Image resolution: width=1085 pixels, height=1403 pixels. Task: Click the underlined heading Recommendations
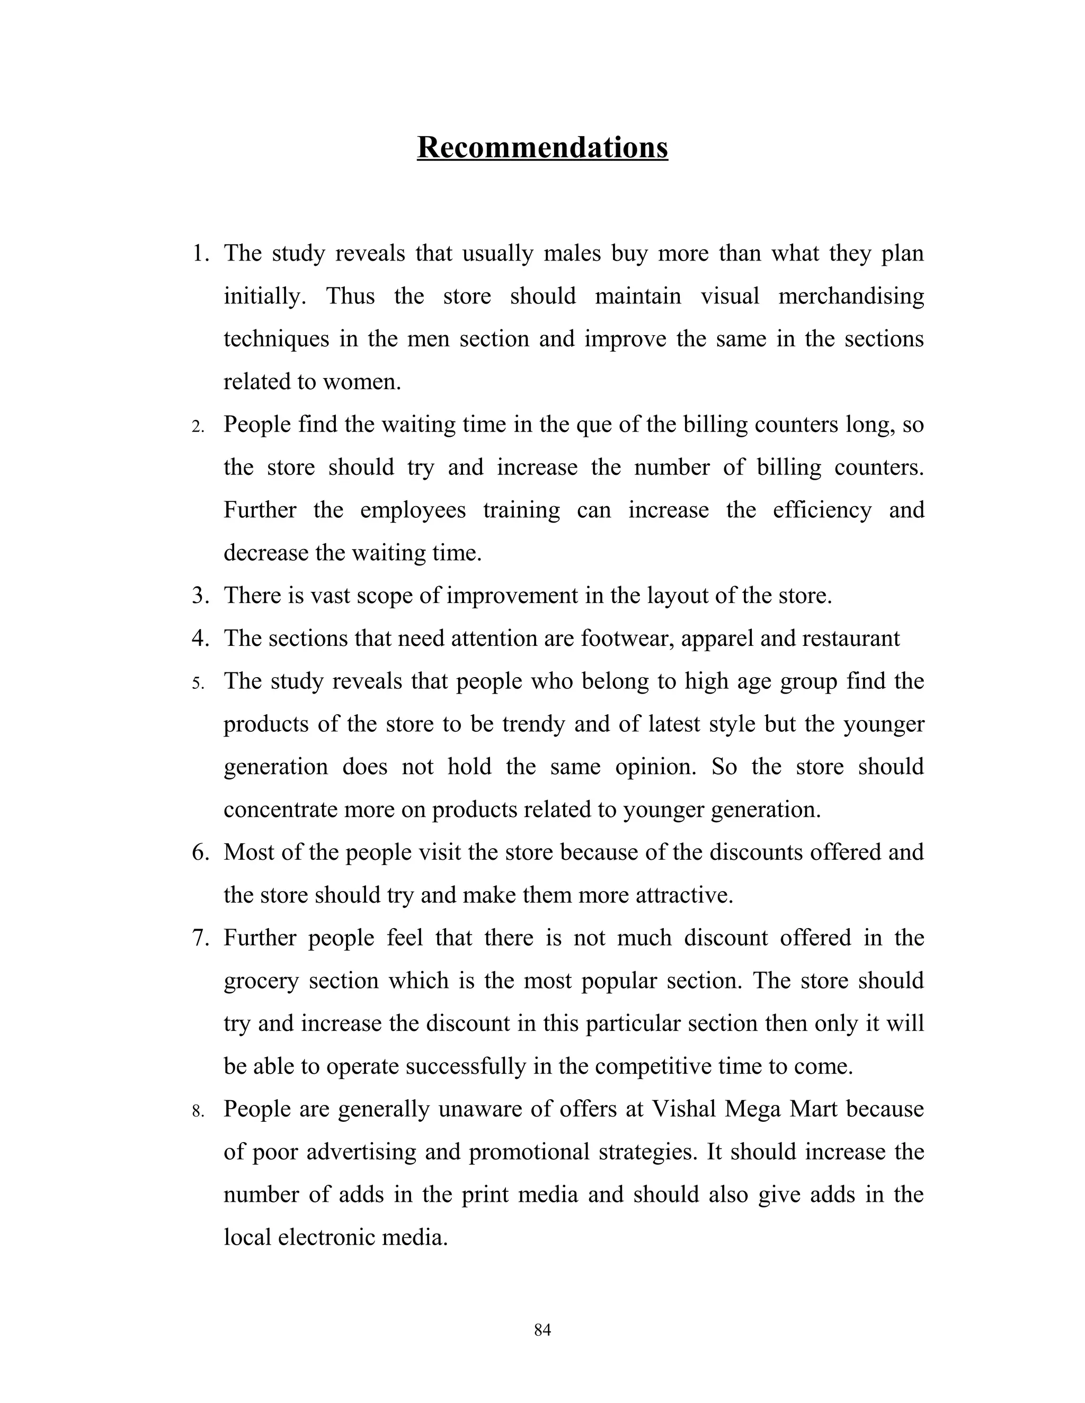pos(542,147)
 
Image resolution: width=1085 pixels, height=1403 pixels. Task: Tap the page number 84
pos(542,1330)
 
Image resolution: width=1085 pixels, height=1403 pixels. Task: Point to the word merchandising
pos(851,296)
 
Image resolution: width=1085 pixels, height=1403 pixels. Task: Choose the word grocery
pos(261,981)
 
